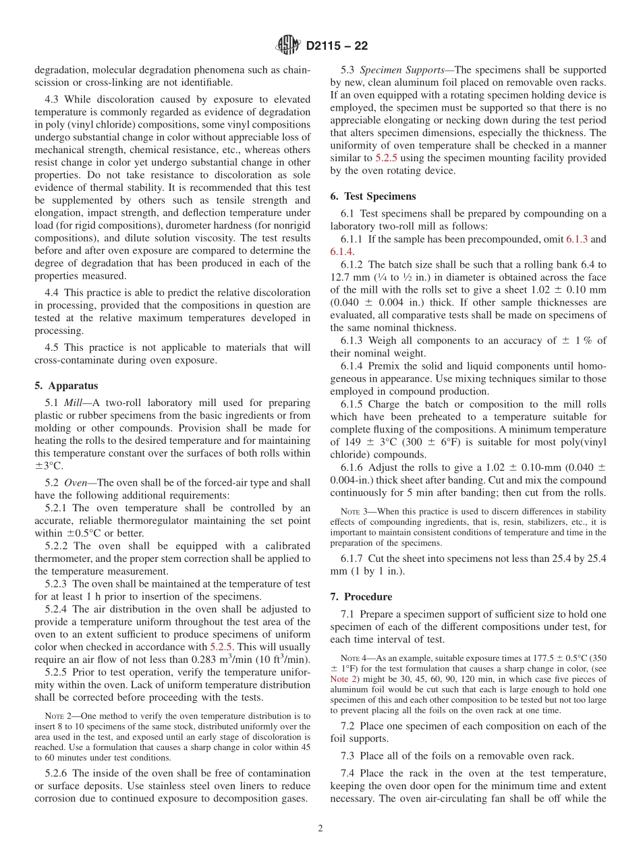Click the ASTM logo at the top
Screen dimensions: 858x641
[x=288, y=47]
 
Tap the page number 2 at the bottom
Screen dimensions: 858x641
[x=320, y=828]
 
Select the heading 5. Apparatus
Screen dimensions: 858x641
[x=65, y=386]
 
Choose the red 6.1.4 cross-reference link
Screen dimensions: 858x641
[x=343, y=252]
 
